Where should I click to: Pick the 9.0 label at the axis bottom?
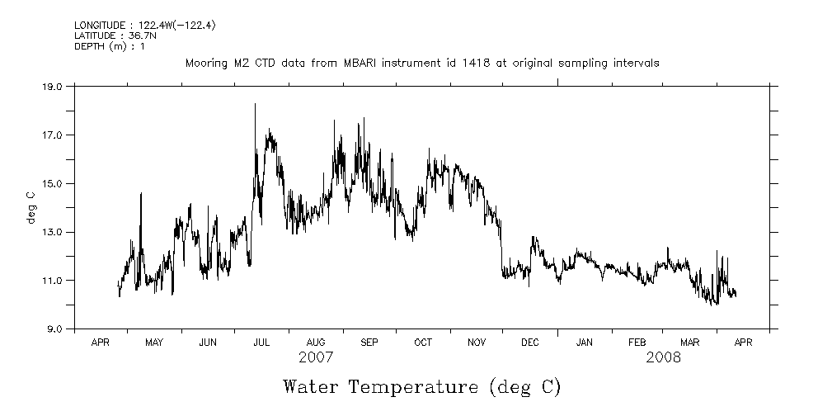[54, 329]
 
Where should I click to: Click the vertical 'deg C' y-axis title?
[31, 207]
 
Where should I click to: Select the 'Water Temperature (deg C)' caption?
[421, 386]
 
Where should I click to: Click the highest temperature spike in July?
[255, 105]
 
